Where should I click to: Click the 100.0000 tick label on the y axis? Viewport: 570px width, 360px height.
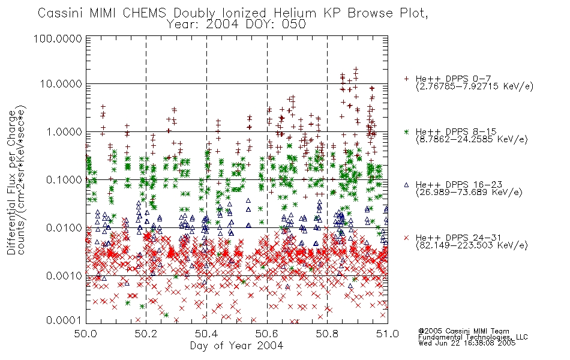(x=58, y=38)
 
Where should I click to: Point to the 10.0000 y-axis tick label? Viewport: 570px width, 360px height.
(x=61, y=84)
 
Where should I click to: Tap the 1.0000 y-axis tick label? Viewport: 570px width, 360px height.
(x=64, y=131)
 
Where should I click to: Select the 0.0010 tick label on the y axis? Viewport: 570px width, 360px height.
(x=64, y=276)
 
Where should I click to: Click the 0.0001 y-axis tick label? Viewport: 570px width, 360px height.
(x=64, y=320)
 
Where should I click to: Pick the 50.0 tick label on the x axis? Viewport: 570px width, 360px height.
(x=86, y=334)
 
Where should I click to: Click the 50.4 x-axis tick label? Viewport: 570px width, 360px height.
(x=206, y=334)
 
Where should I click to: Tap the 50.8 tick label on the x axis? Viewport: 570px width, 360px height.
(x=327, y=334)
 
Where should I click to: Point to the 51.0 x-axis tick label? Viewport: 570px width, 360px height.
(x=388, y=334)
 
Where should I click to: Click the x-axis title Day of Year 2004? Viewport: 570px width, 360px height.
(x=236, y=346)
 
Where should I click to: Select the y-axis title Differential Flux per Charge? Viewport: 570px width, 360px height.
(x=11, y=182)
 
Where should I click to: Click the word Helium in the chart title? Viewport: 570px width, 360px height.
(x=295, y=13)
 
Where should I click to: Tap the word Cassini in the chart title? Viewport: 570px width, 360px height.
(x=61, y=13)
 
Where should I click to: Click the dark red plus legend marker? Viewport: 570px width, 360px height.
(x=406, y=79)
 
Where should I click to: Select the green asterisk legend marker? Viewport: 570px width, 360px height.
(x=406, y=131)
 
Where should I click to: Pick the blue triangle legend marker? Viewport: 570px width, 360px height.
(x=406, y=185)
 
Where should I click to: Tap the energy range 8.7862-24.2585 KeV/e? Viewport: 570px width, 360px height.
(x=472, y=139)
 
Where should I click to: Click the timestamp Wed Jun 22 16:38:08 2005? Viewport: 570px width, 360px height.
(x=467, y=343)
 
